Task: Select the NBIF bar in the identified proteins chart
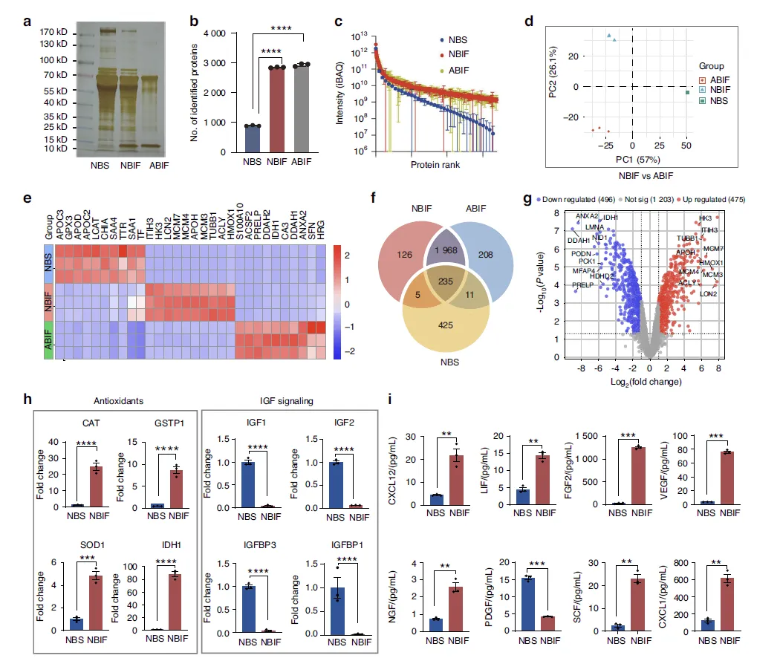(277, 109)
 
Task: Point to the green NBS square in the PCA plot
(687, 93)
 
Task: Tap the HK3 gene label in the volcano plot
(705, 218)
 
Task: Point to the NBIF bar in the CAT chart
(97, 486)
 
